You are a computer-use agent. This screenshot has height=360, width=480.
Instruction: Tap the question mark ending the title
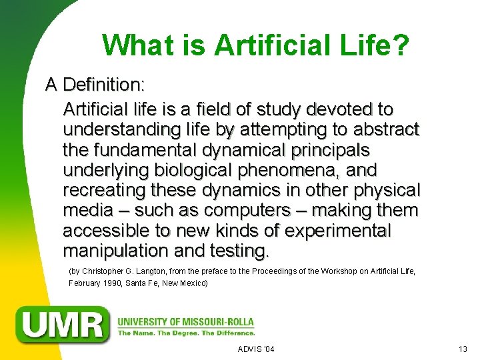400,45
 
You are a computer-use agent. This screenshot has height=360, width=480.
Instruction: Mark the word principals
320,149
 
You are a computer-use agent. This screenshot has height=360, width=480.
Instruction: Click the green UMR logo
64,324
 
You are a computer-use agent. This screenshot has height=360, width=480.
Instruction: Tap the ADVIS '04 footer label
256,349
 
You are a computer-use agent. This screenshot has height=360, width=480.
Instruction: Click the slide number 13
463,349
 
